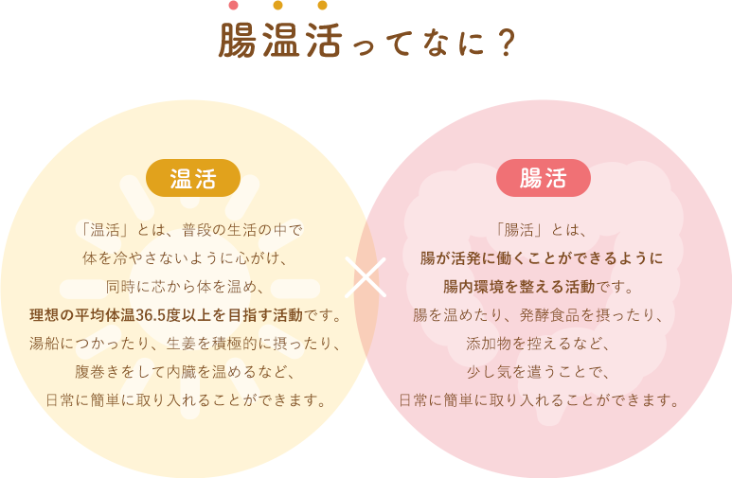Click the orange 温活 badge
(192, 178)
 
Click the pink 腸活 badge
(544, 178)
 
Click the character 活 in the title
(319, 42)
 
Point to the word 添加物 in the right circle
(487, 343)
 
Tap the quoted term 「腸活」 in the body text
(521, 229)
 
